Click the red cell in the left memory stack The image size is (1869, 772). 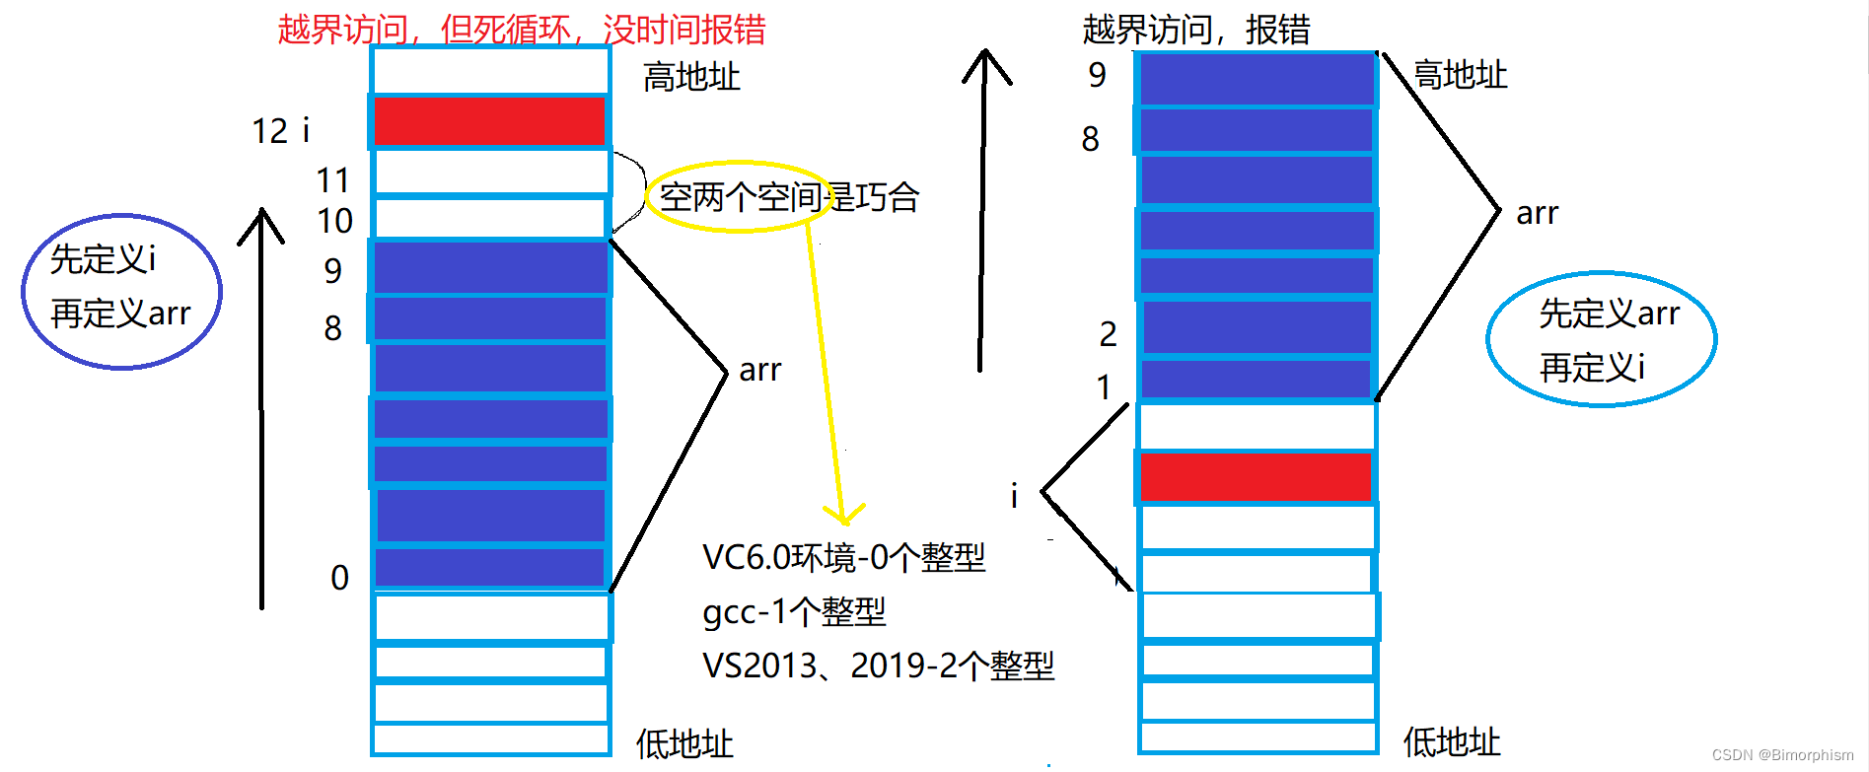click(489, 121)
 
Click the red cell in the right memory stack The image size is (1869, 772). click(1256, 476)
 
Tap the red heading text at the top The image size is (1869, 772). click(521, 30)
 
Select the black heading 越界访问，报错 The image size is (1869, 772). click(1195, 30)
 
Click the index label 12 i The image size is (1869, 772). click(280, 130)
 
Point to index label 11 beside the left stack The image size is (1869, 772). click(332, 180)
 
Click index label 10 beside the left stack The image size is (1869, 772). click(334, 221)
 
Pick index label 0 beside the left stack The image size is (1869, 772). click(339, 577)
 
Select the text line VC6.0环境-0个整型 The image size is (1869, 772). click(843, 558)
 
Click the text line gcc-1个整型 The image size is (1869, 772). click(794, 612)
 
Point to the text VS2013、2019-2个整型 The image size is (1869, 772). click(878, 667)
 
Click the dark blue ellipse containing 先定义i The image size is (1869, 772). click(122, 291)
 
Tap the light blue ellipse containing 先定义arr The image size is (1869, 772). click(1601, 338)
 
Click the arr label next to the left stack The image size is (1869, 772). click(759, 370)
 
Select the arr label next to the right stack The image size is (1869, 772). click(1537, 213)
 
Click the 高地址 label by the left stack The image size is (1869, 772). click(690, 77)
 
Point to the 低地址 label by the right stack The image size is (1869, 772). click(1451, 742)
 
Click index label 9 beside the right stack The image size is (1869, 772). click(1097, 75)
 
